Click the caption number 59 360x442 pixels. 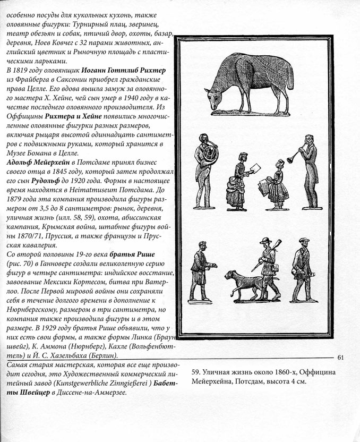click(195, 372)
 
